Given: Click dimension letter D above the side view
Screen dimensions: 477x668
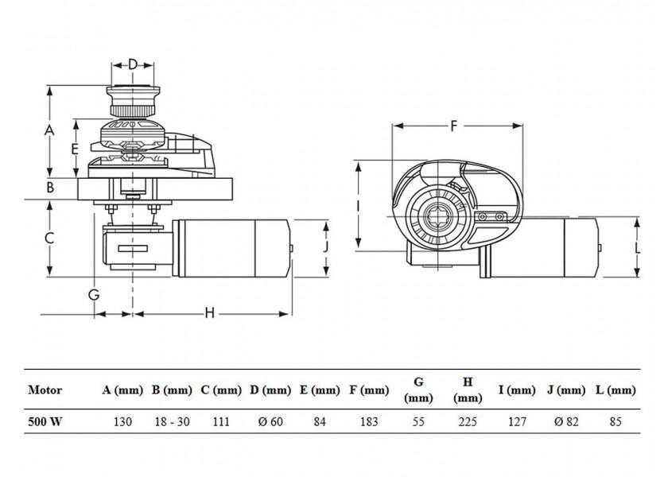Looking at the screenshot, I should pos(133,64).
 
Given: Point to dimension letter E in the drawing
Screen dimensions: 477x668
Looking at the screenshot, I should pos(73,149).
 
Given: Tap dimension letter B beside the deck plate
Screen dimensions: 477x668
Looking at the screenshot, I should pos(49,188).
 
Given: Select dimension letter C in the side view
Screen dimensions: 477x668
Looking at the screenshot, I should pos(49,238).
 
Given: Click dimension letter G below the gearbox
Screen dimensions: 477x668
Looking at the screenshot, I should pos(94,294).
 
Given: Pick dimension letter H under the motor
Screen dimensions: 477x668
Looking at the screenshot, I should pos(209,312).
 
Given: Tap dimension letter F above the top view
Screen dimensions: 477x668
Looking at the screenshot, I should pos(454,126).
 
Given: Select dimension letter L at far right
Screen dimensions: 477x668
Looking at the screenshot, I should pos(637,247).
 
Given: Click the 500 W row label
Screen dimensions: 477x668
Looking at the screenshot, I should pos(45,422).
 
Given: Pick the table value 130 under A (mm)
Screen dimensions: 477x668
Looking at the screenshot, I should pos(123,422).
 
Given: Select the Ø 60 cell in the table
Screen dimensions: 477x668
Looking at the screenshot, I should pos(270,422).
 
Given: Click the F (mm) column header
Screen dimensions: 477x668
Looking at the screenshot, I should pos(369,390).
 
